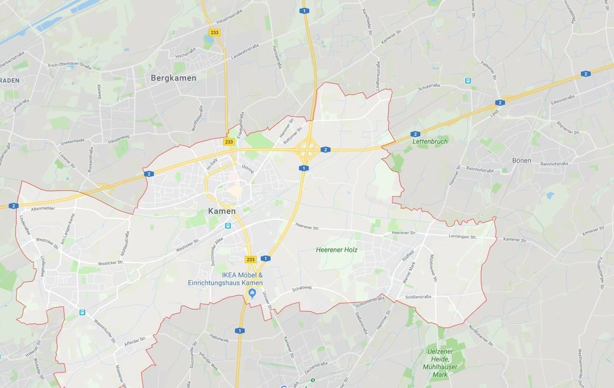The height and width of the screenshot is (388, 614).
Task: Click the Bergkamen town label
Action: [x=173, y=78]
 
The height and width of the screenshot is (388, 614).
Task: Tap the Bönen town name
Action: [x=522, y=161]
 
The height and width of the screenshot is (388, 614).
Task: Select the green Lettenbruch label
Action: [x=430, y=142]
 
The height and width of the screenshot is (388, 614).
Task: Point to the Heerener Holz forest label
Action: [x=336, y=249]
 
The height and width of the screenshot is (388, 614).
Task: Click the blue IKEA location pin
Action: [x=252, y=293]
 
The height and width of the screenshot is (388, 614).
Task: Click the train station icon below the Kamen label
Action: [x=228, y=225]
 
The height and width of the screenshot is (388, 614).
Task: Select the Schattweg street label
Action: [x=302, y=288]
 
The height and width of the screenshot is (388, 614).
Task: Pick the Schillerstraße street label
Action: [x=419, y=296]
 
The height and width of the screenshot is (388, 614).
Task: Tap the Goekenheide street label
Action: [x=72, y=141]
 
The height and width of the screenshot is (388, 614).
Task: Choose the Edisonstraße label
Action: [x=562, y=99]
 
